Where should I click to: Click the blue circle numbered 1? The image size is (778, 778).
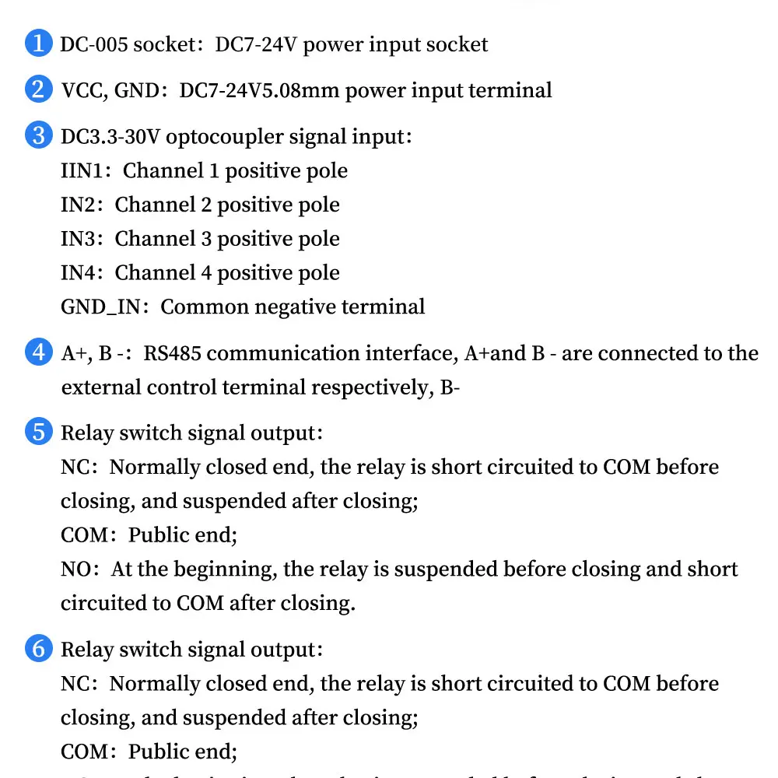[39, 44]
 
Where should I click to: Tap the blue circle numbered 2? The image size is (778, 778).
[39, 89]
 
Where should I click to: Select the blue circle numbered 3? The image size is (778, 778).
[39, 136]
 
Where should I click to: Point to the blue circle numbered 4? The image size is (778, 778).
[39, 352]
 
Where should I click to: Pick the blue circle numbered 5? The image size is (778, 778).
[39, 432]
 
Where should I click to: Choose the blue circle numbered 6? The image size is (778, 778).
[39, 648]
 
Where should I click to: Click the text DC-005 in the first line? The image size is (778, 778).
[94, 44]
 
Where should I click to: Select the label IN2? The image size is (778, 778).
[77, 205]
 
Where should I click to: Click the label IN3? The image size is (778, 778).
[77, 239]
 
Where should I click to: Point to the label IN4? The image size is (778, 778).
[77, 273]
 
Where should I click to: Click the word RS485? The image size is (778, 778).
[172, 353]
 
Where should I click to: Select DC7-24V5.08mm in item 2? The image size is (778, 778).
[260, 90]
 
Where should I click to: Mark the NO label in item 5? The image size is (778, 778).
[75, 569]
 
